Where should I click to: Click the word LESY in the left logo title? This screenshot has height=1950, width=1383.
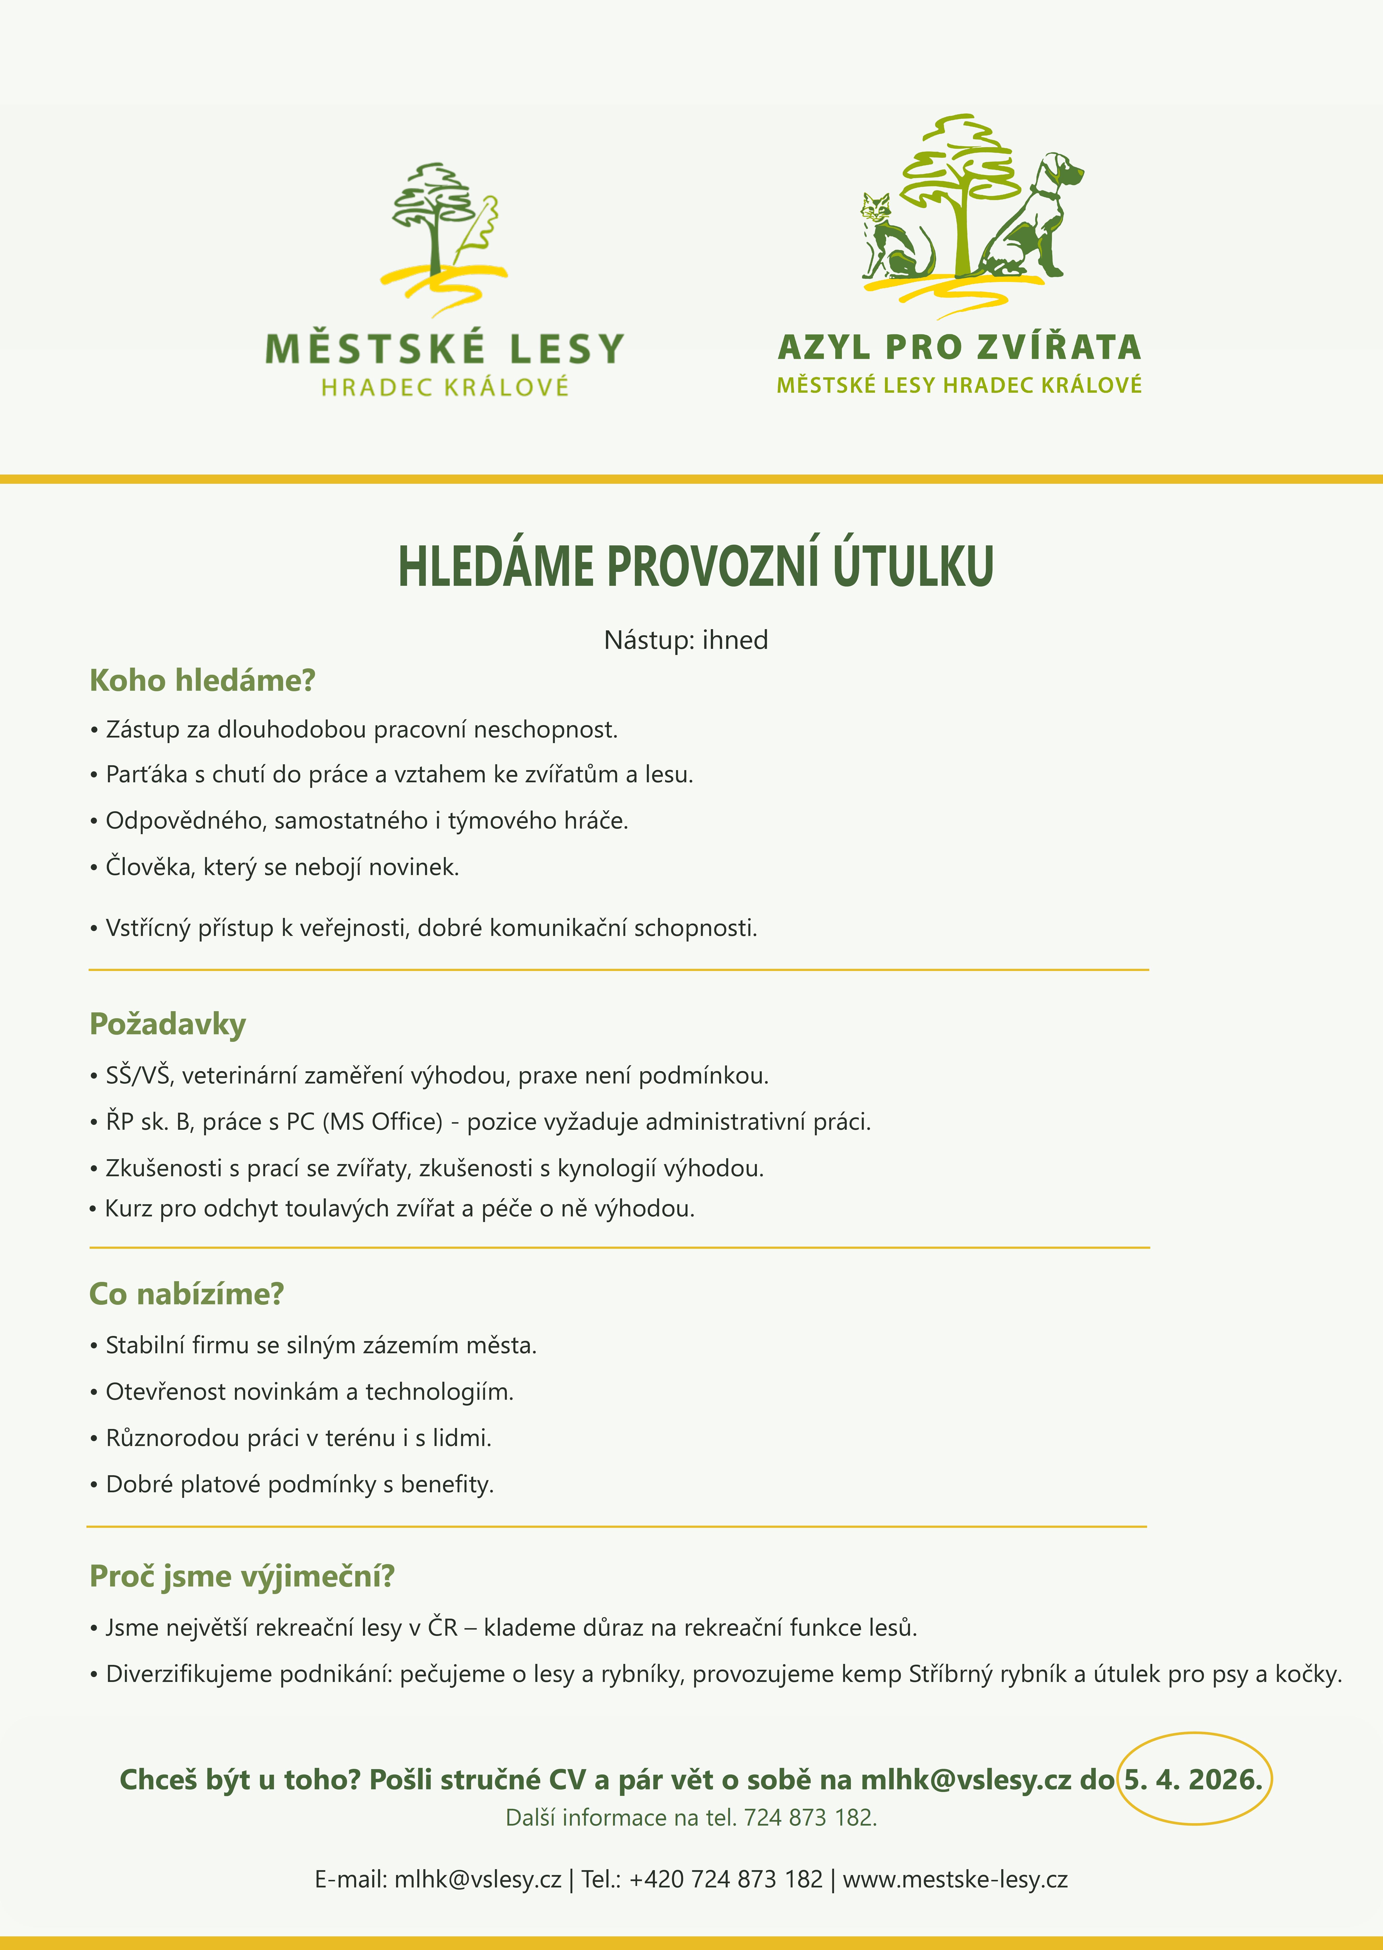566,349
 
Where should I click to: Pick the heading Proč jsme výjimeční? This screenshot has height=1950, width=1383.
242,1576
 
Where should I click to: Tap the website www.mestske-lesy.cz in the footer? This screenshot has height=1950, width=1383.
955,1879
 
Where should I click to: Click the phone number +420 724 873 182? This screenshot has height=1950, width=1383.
725,1879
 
